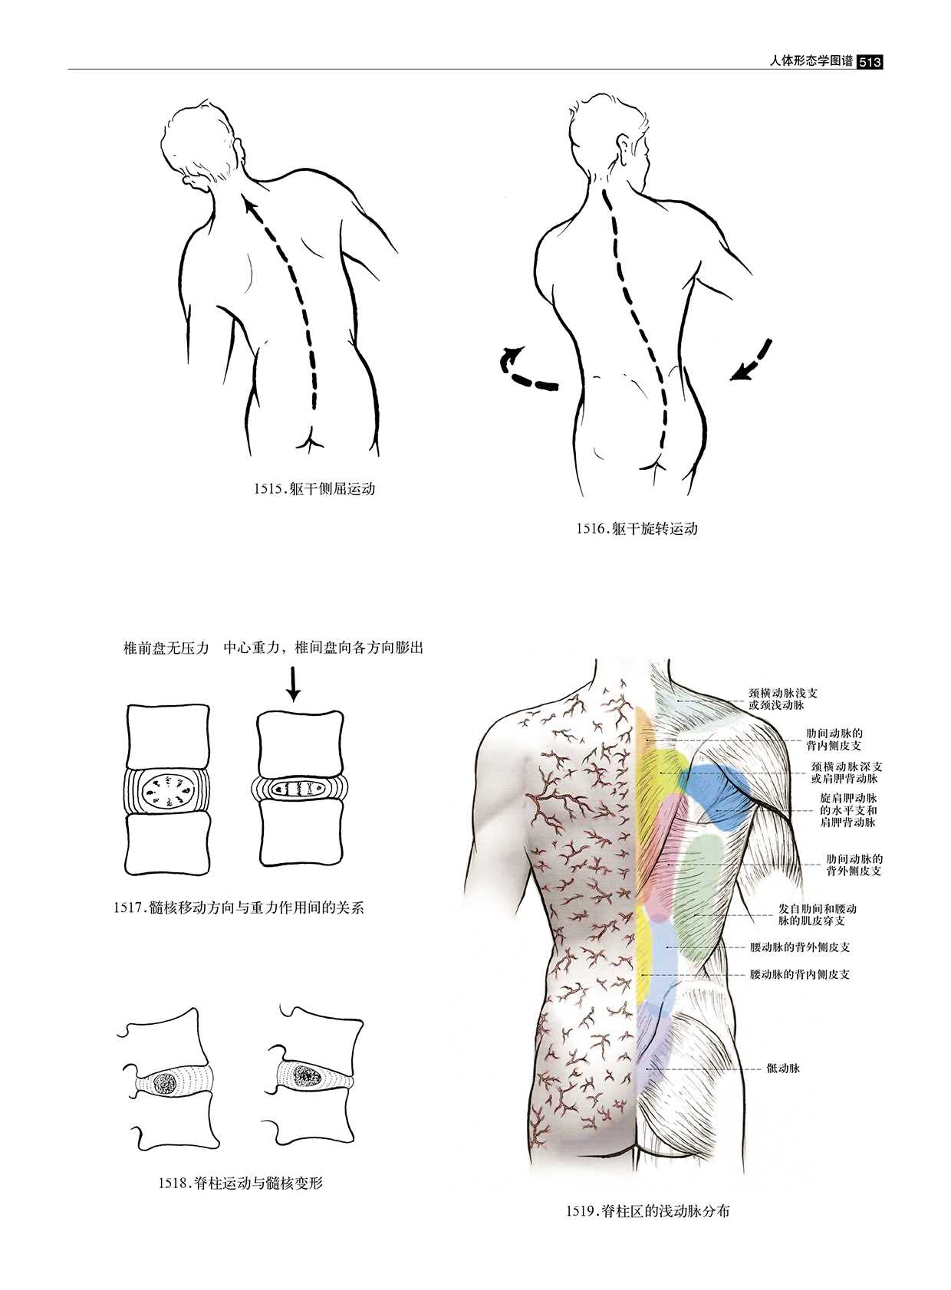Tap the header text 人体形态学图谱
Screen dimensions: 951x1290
811,61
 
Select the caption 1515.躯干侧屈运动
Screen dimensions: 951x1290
314,488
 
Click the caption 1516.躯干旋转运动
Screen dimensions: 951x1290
637,528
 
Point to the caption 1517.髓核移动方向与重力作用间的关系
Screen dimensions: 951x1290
239,908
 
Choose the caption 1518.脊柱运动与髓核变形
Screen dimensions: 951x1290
241,1183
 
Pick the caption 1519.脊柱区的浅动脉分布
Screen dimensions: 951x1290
647,1211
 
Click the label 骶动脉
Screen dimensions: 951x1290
783,1068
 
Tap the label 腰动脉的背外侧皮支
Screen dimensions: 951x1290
800,947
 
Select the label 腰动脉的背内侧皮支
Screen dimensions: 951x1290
800,975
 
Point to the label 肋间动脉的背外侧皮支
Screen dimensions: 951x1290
854,865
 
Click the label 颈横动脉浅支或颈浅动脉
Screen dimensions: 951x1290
783,698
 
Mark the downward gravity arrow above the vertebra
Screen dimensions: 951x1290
293,683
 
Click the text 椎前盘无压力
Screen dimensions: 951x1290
166,648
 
